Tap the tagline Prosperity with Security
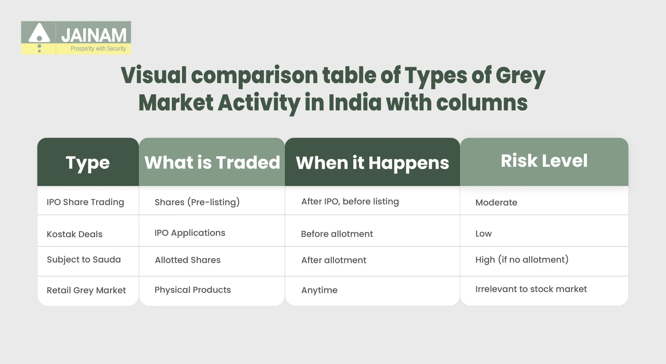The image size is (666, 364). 98,48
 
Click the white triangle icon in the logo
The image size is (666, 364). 39,33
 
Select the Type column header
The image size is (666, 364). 88,162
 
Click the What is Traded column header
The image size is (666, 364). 212,162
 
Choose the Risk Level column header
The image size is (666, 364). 544,161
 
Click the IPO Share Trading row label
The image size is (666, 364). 85,202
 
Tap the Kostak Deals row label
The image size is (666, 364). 74,234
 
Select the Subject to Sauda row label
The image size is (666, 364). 84,260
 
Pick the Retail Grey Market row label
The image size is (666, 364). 86,290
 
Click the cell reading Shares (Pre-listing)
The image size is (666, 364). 197,202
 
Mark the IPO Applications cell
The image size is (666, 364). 190,233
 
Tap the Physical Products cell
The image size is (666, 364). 193,290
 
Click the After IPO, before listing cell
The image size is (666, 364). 350,202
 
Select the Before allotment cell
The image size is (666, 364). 337,234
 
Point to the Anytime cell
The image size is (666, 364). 319,290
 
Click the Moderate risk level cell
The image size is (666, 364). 496,203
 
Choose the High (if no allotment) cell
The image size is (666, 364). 522,260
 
